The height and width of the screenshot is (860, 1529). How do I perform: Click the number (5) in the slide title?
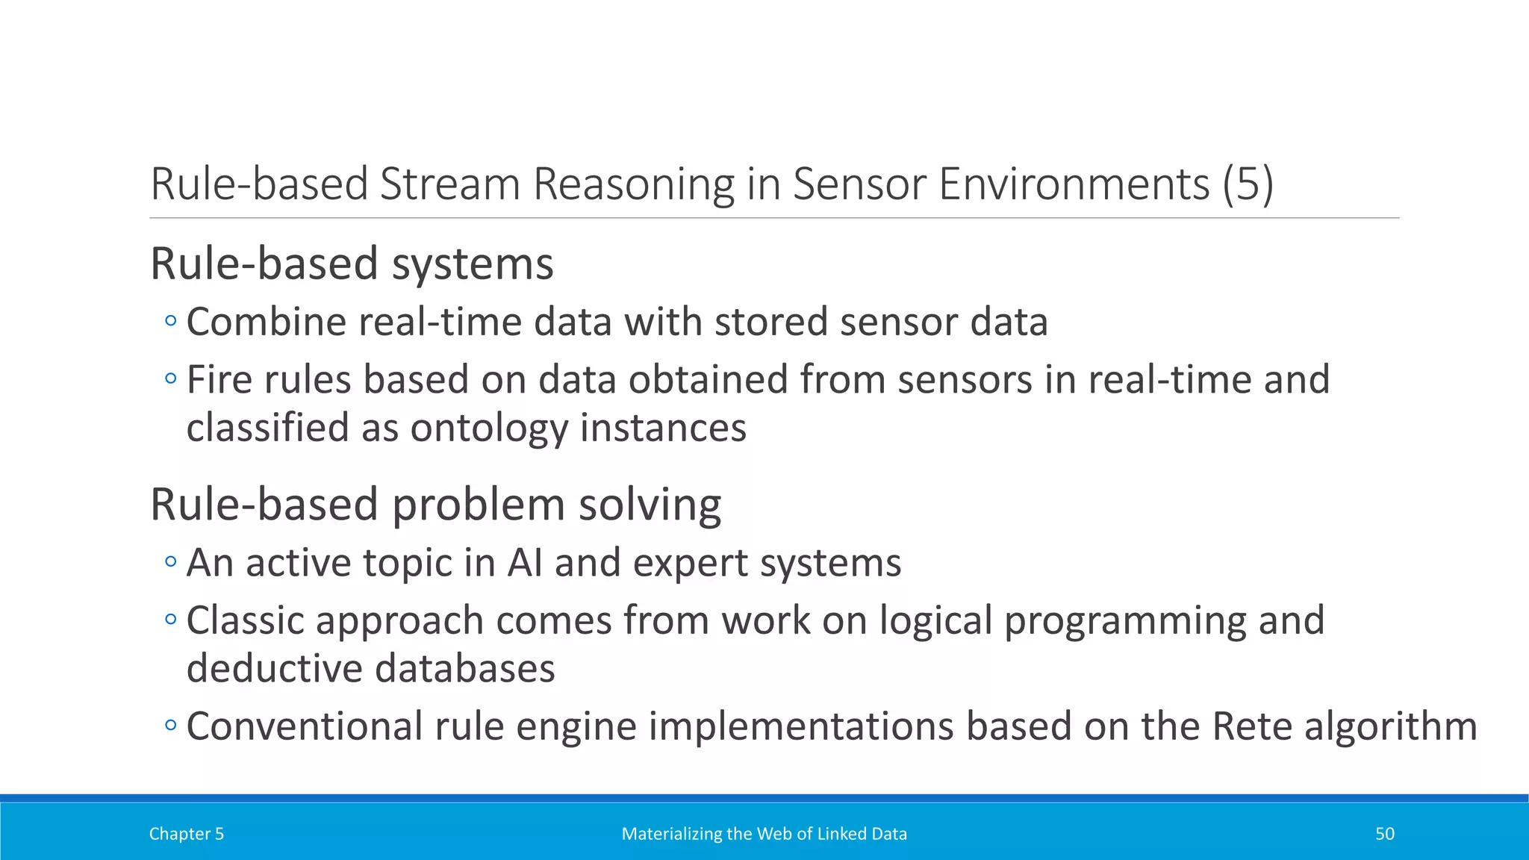(1248, 184)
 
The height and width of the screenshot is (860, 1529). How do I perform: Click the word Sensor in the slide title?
(859, 184)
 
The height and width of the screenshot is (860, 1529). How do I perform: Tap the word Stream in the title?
(449, 184)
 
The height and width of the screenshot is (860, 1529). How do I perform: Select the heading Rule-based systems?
(352, 264)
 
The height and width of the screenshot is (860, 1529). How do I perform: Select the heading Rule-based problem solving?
(435, 505)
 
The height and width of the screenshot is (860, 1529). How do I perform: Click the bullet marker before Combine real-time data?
(171, 322)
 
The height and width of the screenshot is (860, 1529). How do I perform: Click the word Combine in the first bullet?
(267, 322)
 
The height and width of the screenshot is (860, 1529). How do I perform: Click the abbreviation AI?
(525, 562)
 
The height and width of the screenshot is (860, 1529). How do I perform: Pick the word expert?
(690, 562)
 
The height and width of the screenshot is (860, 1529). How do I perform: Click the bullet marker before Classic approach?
(171, 620)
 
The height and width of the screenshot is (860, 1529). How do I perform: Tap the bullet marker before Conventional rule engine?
(171, 726)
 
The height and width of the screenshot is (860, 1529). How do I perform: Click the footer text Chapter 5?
(187, 834)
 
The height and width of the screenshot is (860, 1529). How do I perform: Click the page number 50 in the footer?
(1384, 834)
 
